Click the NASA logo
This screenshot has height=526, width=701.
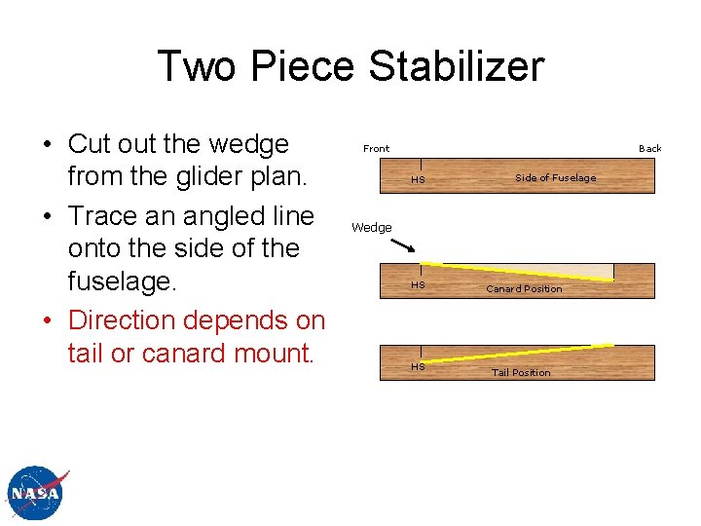tap(36, 494)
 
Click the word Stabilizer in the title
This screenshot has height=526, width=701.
tap(457, 66)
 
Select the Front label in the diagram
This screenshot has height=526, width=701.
tap(376, 149)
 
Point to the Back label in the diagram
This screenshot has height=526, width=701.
tap(649, 149)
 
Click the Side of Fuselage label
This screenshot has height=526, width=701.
tap(555, 177)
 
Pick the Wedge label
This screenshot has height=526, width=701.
tap(371, 228)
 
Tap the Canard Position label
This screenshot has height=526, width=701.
tap(524, 289)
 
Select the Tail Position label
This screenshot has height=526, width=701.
tap(520, 372)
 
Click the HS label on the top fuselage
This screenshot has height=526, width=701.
tap(418, 180)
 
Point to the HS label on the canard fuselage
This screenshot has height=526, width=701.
tap(418, 285)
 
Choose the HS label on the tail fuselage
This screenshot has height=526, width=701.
tap(418, 367)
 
